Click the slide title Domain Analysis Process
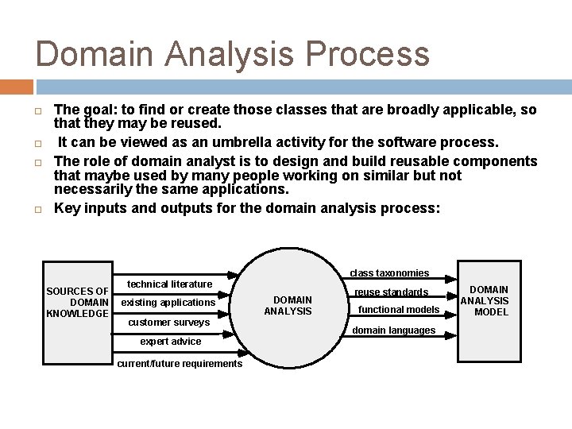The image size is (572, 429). click(232, 54)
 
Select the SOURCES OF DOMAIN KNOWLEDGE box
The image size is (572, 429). click(77, 302)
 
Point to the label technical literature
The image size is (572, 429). click(169, 284)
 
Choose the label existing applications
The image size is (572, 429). click(168, 303)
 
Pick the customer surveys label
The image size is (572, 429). click(168, 323)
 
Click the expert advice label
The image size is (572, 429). click(170, 342)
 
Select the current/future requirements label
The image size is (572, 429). click(179, 364)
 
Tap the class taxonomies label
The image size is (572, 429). click(389, 273)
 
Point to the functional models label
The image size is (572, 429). click(399, 310)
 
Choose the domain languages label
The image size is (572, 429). click(393, 330)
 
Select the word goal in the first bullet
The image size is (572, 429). click(99, 110)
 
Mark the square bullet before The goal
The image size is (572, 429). click(39, 110)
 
